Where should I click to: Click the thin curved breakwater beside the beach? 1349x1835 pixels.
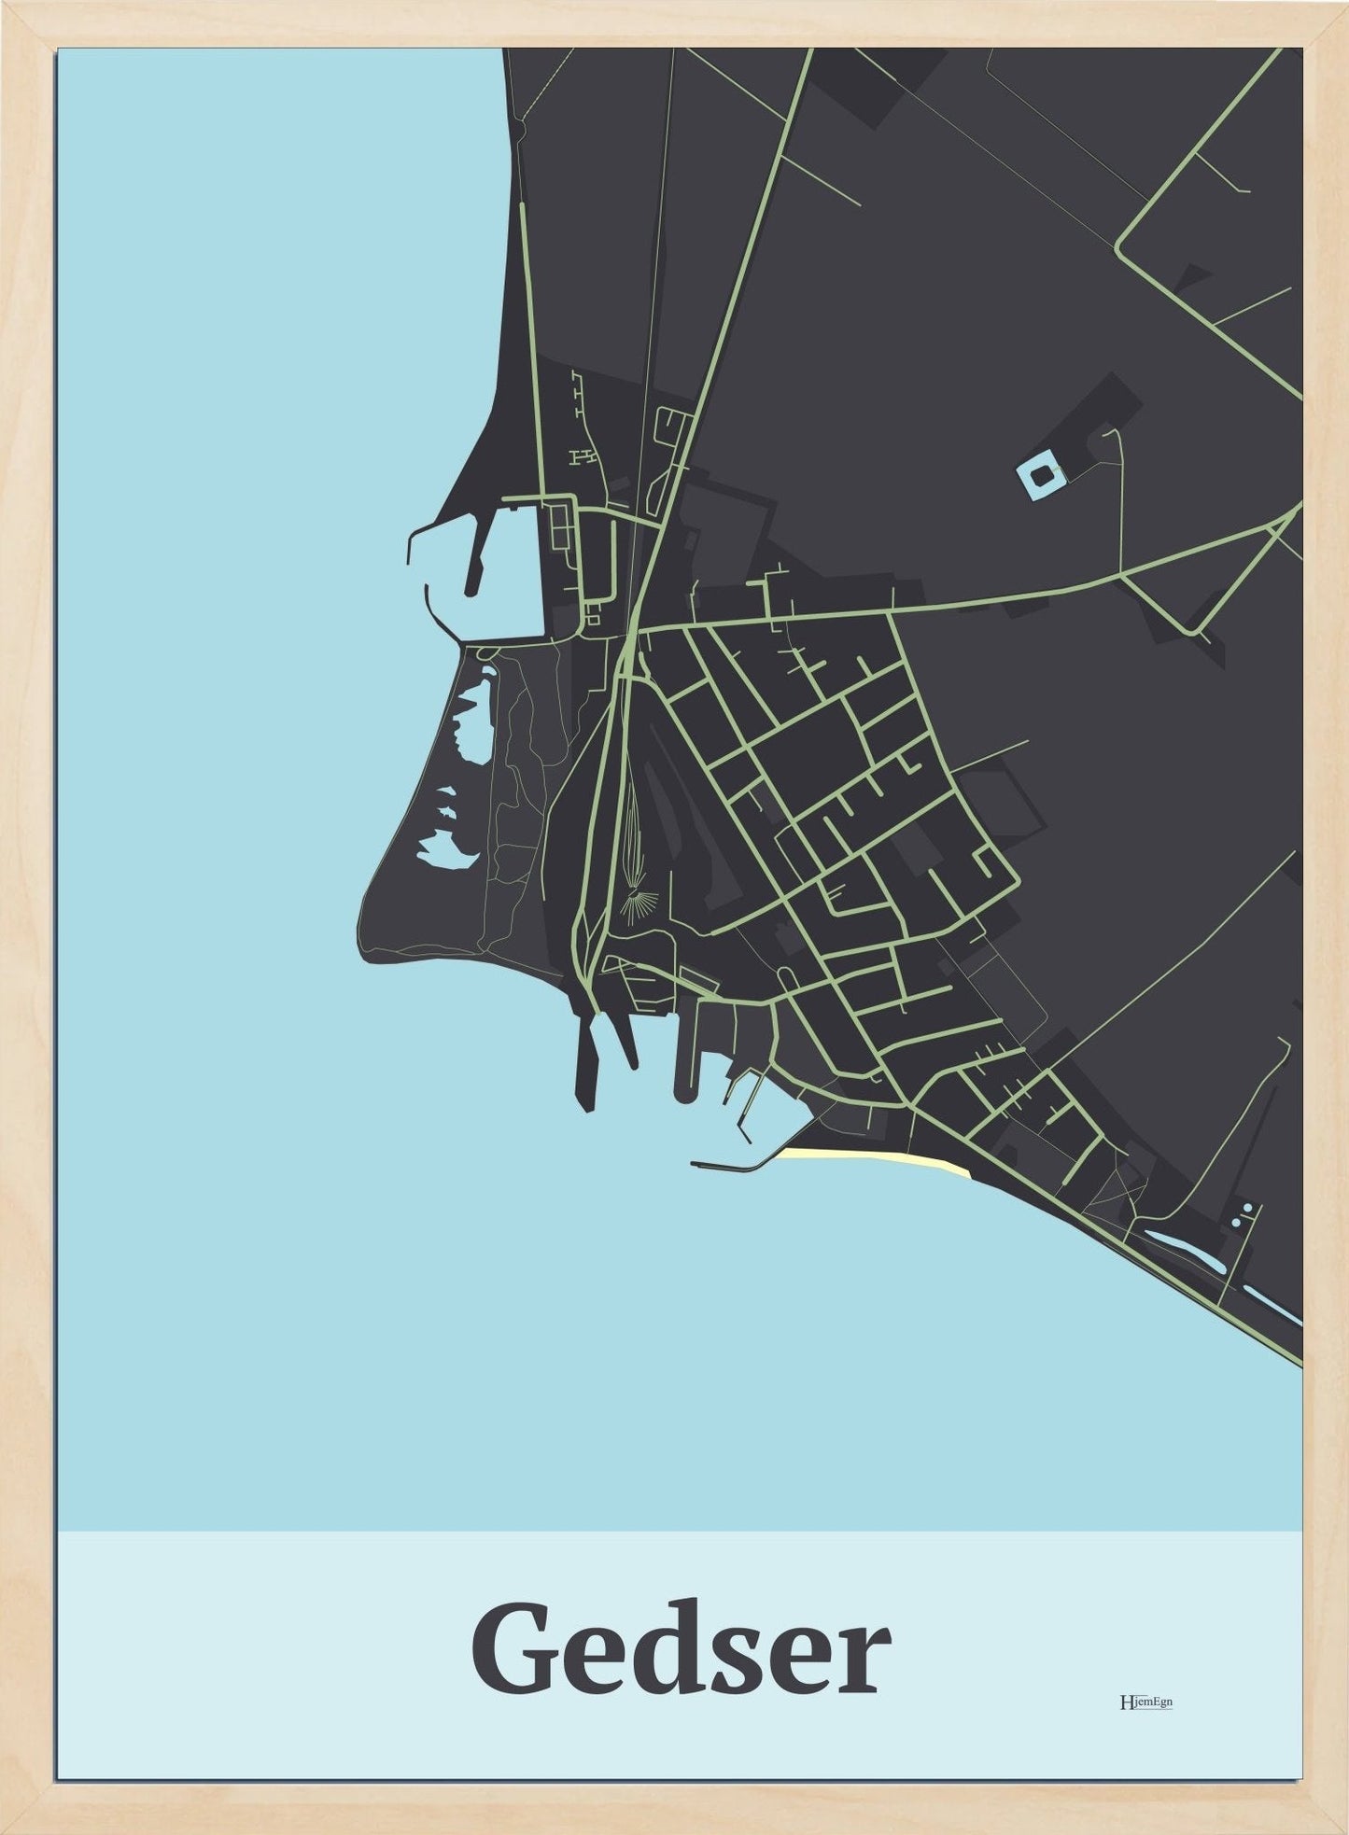tap(733, 1164)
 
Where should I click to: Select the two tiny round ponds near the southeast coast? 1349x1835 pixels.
tap(1242, 1215)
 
